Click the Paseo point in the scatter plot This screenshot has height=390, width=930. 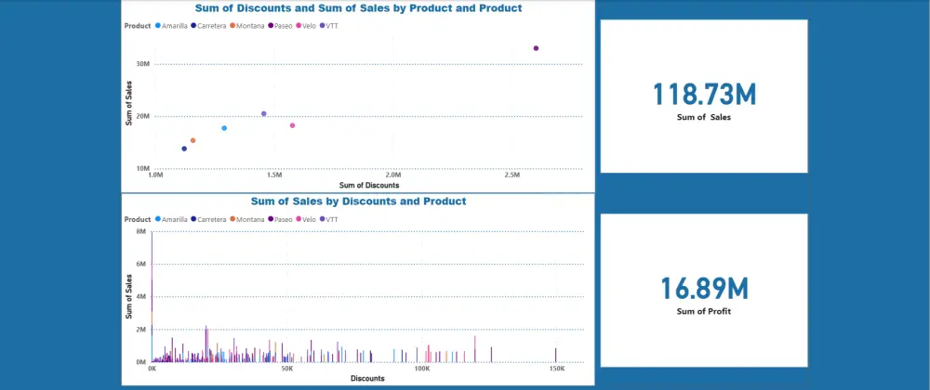click(x=536, y=48)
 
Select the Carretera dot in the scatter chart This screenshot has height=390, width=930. click(x=184, y=149)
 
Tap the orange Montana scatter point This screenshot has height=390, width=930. click(x=193, y=140)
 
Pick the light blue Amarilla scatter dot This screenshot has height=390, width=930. click(x=224, y=128)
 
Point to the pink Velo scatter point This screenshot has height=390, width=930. click(x=292, y=125)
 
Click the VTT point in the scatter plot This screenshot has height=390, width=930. click(x=264, y=113)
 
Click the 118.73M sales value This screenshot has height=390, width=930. click(x=704, y=95)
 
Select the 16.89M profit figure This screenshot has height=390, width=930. click(x=704, y=288)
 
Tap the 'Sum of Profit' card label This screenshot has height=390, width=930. click(x=704, y=311)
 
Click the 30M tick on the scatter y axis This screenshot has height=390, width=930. click(x=143, y=64)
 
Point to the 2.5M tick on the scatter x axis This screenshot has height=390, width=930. click(x=511, y=175)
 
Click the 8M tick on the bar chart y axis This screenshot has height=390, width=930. click(x=141, y=231)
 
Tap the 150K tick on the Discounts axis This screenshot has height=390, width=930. click(x=556, y=368)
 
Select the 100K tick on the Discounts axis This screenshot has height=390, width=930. click(x=421, y=368)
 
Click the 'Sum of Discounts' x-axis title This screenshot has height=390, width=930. click(x=369, y=185)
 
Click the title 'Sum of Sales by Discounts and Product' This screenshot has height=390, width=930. click(x=358, y=201)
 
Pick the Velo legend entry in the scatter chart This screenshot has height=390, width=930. click(x=308, y=26)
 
